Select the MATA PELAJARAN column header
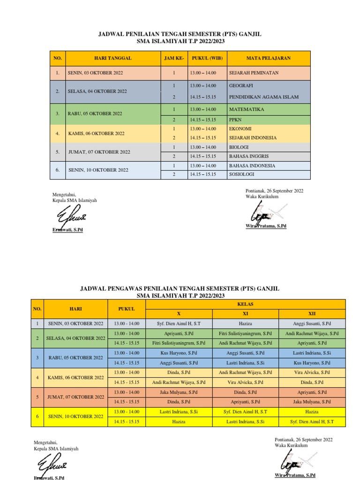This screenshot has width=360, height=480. click(269, 58)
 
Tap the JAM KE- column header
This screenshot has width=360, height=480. click(174, 58)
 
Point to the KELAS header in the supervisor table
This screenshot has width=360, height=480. click(246, 304)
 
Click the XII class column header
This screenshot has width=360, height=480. click(312, 314)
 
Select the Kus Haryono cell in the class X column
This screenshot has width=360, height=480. click(179, 353)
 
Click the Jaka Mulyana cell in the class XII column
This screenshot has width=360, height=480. click(312, 402)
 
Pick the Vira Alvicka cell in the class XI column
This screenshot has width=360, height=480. click(246, 382)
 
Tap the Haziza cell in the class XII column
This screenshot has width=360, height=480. click(312, 412)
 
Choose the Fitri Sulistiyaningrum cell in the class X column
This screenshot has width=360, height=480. click(179, 343)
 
